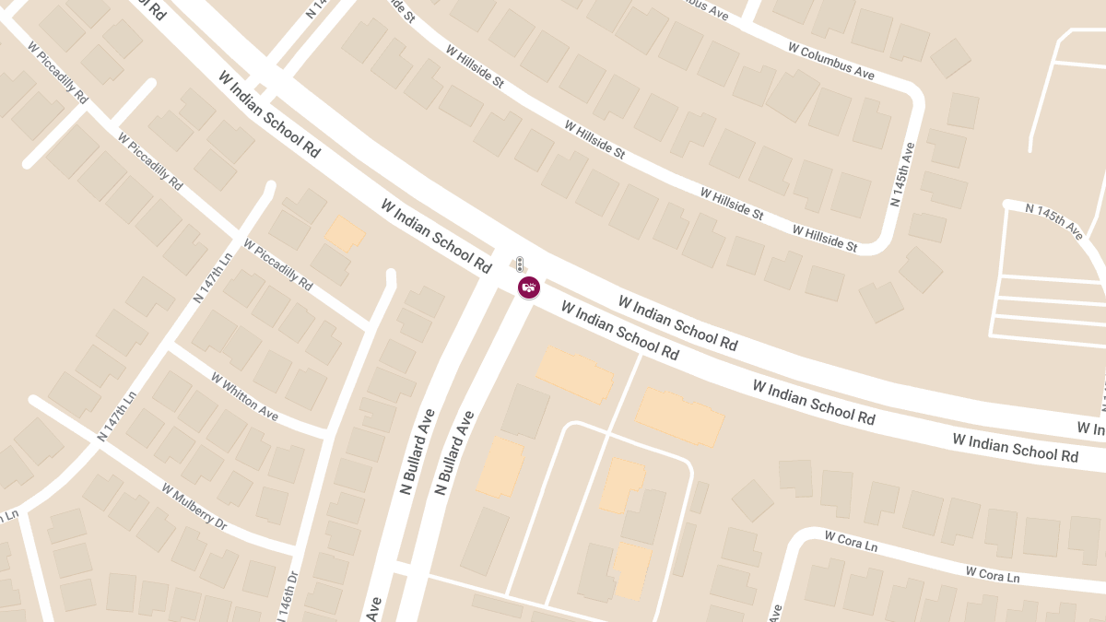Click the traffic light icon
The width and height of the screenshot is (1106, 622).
(x=520, y=264)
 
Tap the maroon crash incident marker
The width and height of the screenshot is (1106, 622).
(x=528, y=288)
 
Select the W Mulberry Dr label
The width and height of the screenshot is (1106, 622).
(x=194, y=506)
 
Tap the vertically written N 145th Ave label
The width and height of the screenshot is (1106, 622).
(x=902, y=174)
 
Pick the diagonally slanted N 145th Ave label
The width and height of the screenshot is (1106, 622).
(x=1054, y=221)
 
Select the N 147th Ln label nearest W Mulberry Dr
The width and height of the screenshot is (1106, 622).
(x=116, y=416)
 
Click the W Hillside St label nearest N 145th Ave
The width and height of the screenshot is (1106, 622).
(x=824, y=239)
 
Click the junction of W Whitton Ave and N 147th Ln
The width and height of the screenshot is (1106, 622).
(x=171, y=347)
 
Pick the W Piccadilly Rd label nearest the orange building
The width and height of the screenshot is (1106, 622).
(x=277, y=264)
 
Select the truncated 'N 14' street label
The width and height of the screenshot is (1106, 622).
(x=315, y=9)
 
